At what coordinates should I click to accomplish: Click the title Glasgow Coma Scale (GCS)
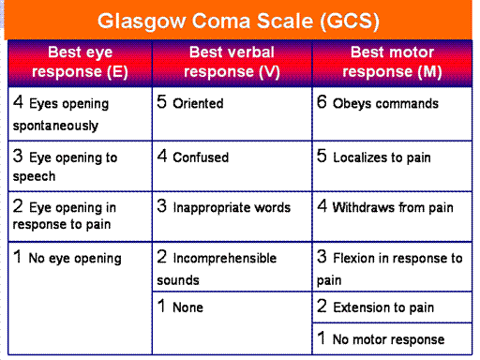(x=238, y=22)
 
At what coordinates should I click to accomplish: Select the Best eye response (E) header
(x=80, y=62)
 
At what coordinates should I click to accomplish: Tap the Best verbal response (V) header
(x=232, y=62)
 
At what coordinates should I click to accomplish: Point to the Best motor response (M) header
(x=392, y=62)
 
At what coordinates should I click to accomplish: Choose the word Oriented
(x=198, y=103)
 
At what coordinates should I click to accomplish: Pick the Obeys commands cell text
(x=385, y=104)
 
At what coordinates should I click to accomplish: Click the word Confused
(x=201, y=157)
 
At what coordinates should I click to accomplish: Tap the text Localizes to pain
(x=382, y=157)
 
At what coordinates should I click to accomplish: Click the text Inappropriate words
(x=232, y=208)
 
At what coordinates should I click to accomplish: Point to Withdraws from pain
(x=393, y=207)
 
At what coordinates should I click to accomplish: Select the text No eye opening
(x=75, y=259)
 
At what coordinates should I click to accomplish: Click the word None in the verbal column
(x=187, y=307)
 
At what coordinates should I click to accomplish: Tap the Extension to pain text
(x=383, y=307)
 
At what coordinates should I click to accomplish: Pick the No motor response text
(x=388, y=339)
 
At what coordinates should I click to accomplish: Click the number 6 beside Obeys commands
(x=322, y=102)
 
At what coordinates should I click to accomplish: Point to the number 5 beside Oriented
(x=161, y=102)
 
